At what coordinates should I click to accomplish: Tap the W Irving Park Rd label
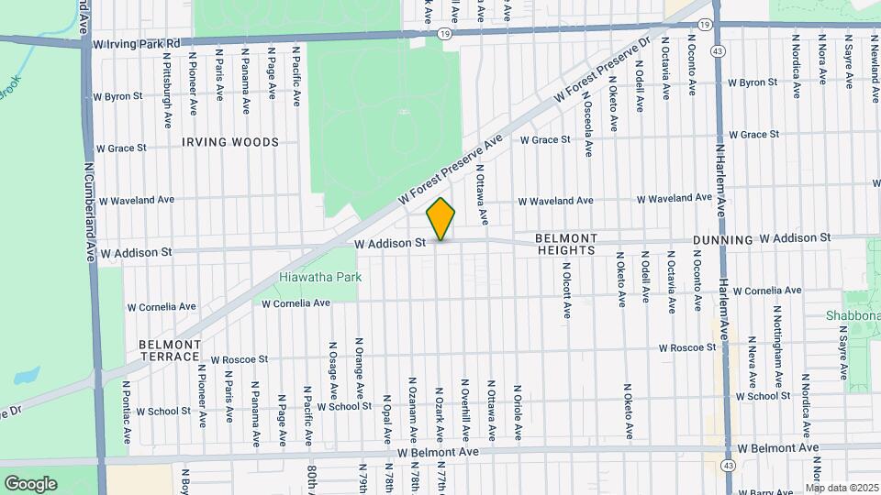click(x=136, y=42)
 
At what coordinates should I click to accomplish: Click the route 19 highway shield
click(x=445, y=33)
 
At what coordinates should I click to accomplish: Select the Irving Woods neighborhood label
click(x=229, y=143)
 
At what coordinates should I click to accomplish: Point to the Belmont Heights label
click(x=567, y=244)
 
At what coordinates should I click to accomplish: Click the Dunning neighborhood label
click(x=722, y=239)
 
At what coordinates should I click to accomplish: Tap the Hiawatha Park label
click(x=320, y=277)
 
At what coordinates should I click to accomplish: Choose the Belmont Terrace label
click(x=170, y=350)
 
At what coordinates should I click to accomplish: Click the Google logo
click(x=30, y=483)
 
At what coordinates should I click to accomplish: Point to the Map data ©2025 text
click(x=842, y=488)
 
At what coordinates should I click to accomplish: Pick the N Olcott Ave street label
click(x=566, y=287)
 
